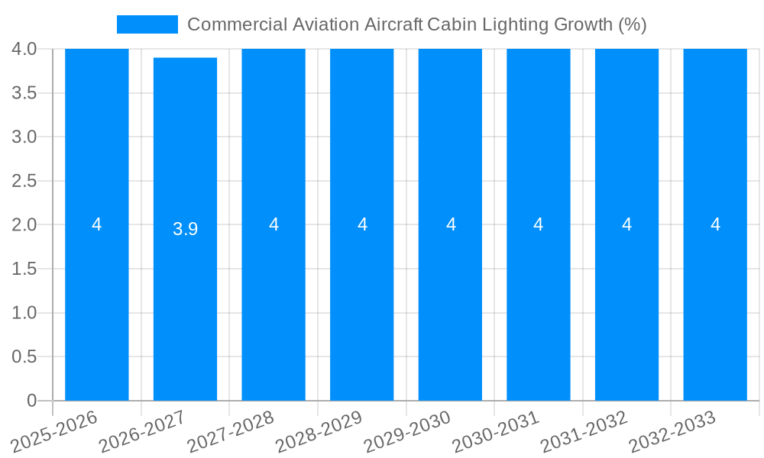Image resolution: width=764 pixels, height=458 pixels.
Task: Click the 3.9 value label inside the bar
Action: coord(185,229)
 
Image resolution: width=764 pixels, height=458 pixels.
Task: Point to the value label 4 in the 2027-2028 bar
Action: coord(274,224)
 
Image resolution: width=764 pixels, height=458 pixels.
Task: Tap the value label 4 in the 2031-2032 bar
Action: coord(626,224)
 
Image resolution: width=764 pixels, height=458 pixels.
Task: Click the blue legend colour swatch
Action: coord(147,24)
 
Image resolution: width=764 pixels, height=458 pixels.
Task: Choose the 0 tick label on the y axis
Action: coord(31,401)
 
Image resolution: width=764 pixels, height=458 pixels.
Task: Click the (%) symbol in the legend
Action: coord(632,24)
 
